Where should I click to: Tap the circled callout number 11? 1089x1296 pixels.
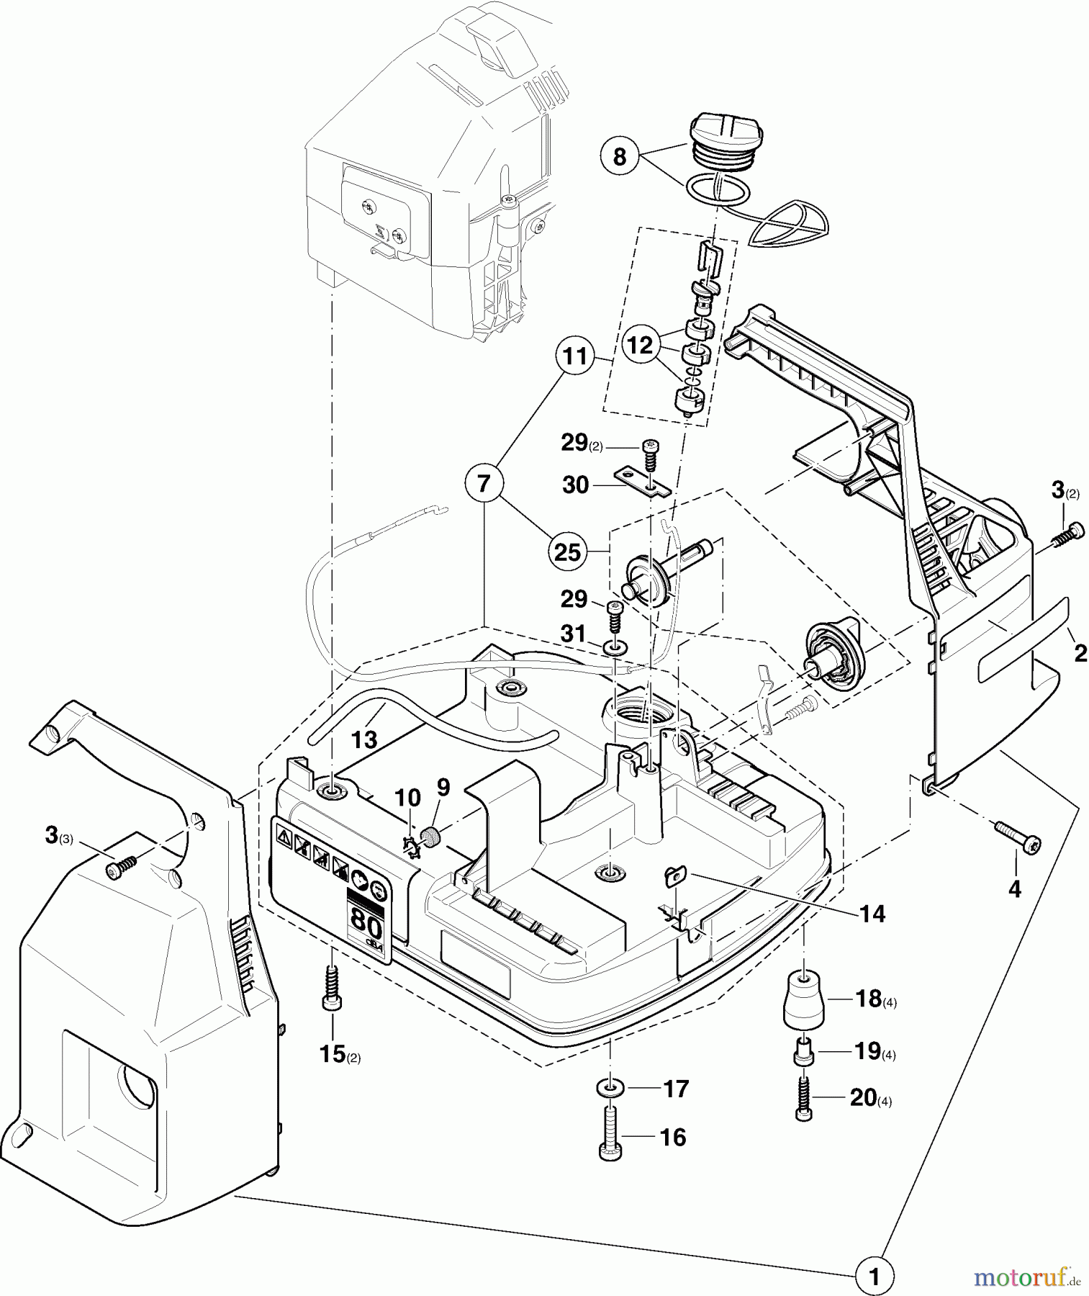574,357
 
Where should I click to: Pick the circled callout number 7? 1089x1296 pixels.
484,484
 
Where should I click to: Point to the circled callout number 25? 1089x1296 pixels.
568,552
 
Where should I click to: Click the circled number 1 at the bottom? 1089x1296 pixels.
875,1276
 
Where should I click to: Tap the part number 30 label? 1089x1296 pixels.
576,485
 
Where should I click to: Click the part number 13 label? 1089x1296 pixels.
365,739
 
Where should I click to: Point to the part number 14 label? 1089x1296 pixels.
872,914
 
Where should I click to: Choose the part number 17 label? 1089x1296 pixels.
676,1089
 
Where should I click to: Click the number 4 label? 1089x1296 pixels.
1014,890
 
